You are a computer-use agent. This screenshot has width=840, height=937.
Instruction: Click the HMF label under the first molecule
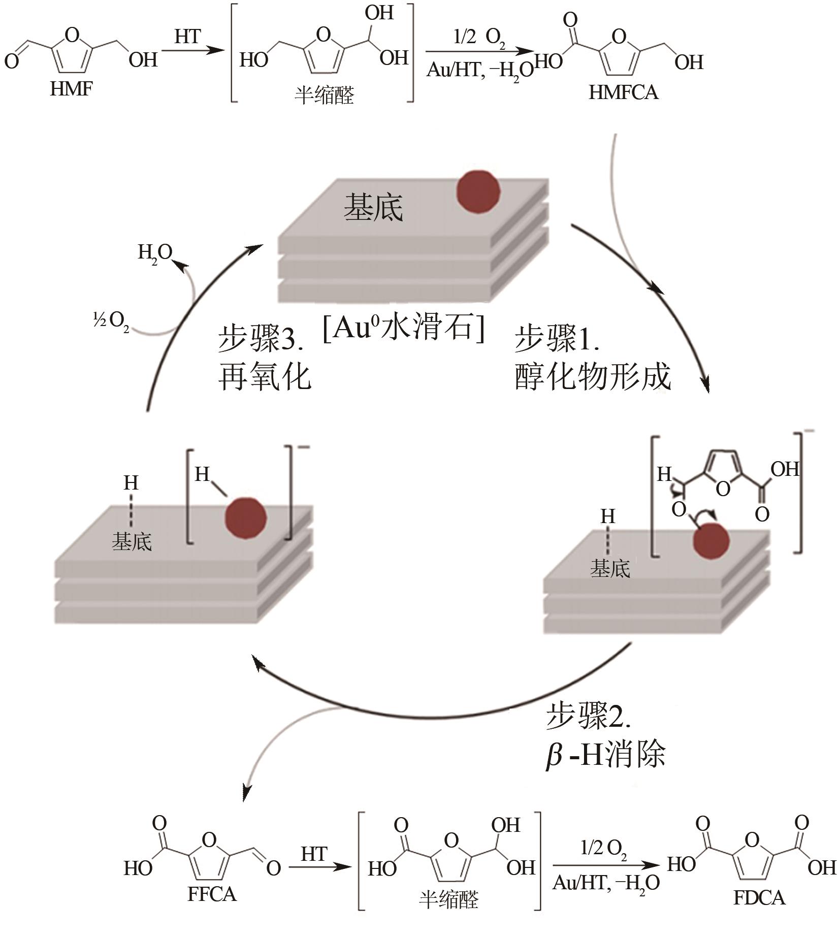71,89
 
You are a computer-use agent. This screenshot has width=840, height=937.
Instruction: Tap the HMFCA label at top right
623,92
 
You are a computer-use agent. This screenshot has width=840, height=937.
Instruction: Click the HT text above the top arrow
187,37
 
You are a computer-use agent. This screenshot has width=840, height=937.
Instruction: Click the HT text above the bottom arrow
313,854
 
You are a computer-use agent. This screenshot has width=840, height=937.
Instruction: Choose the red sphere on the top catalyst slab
478,191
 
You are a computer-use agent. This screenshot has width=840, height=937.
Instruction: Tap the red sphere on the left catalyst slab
246,518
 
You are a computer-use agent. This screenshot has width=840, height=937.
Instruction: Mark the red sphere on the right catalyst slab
711,540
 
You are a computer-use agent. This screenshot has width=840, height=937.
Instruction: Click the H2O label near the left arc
155,252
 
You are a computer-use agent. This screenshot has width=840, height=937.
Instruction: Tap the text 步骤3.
261,339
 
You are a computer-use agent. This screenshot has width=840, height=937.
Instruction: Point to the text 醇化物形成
593,377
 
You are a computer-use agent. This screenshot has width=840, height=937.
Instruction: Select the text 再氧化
264,377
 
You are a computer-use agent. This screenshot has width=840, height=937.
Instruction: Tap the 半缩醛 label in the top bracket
324,95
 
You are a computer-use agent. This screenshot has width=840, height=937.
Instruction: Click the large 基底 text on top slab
373,208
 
